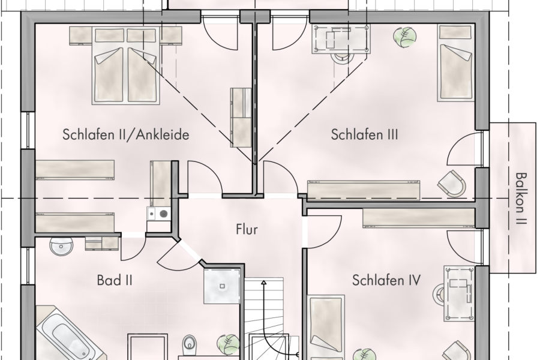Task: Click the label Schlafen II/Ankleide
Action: pyautogui.click(x=125, y=135)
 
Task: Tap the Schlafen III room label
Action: pyautogui.click(x=364, y=135)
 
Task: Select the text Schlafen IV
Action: pyautogui.click(x=386, y=280)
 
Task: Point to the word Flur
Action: pyautogui.click(x=246, y=229)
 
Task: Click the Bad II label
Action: pyautogui.click(x=114, y=280)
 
